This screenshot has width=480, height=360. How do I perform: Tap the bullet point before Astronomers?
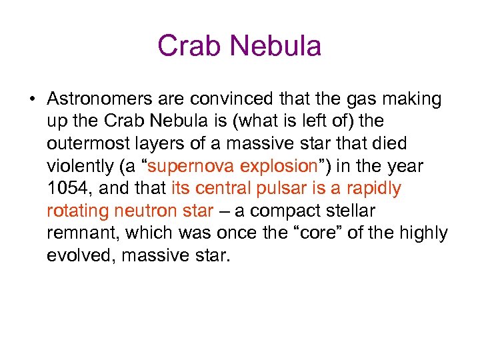(31, 100)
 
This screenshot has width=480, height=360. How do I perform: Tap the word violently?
(78, 167)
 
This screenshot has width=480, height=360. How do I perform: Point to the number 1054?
(65, 189)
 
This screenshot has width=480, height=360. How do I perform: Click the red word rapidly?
(377, 189)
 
